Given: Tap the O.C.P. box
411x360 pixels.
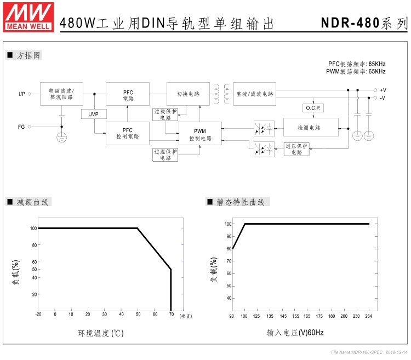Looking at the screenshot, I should [x=312, y=108].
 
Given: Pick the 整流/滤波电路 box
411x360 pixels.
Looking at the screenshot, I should [x=255, y=94].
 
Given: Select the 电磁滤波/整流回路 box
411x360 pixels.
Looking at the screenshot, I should [x=61, y=94].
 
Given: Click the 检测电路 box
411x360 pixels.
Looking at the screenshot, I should [x=311, y=128].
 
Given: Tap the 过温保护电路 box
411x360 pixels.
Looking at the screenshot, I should [x=165, y=155].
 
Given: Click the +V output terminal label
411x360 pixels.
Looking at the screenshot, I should [x=383, y=89].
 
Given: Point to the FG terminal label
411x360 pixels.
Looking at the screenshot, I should [x=21, y=127].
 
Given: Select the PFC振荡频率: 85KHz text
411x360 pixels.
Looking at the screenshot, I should [x=357, y=64].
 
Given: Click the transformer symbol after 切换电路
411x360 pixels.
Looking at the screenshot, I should [x=221, y=94].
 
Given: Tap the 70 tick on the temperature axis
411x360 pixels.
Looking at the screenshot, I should [x=172, y=315].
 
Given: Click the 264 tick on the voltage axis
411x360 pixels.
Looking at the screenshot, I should [x=369, y=317].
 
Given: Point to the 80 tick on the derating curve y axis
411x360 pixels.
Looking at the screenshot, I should [x=34, y=245].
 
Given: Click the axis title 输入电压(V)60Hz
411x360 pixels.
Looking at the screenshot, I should [x=295, y=333].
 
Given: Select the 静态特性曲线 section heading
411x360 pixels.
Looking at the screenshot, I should [x=241, y=202].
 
